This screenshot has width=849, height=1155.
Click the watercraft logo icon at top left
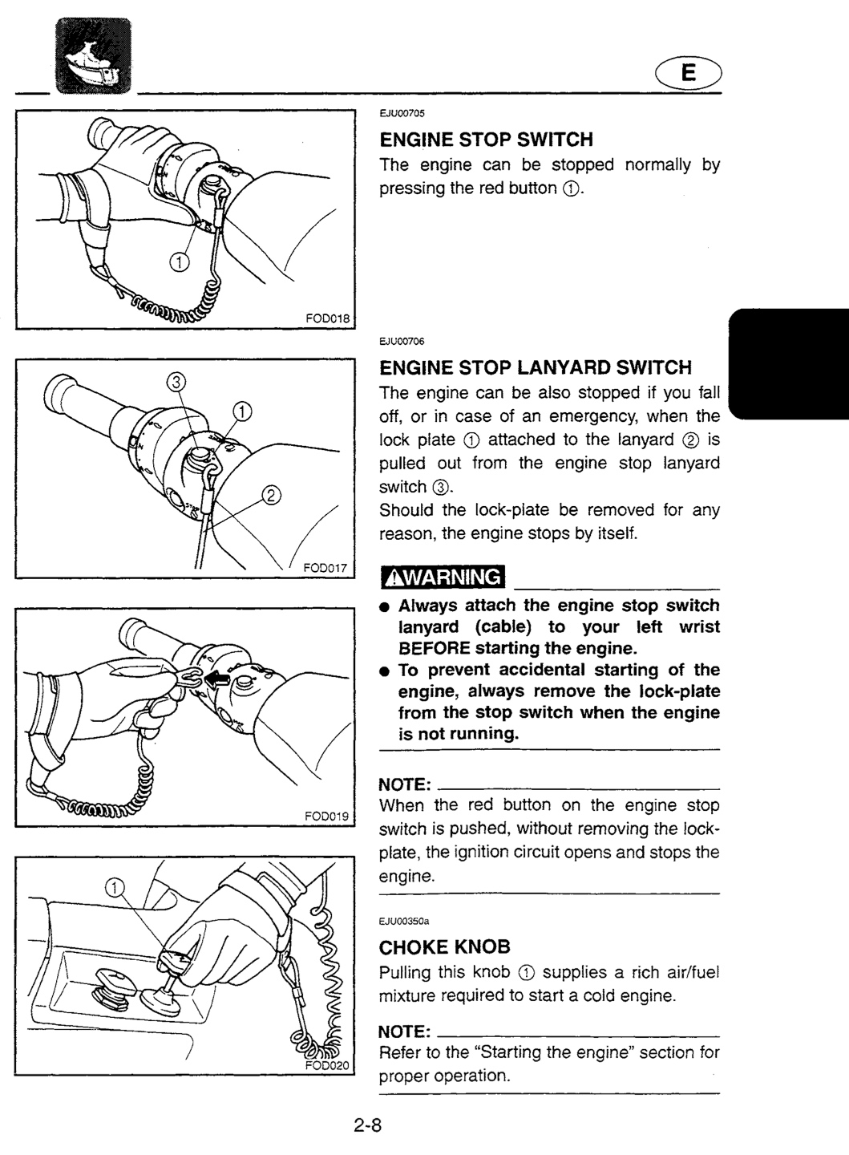click(93, 55)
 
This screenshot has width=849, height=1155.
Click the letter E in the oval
click(688, 73)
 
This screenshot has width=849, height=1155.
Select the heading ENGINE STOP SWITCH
click(486, 140)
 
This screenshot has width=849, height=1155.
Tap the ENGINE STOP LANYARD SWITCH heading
click(535, 367)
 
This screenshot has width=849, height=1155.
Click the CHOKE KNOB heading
click(444, 947)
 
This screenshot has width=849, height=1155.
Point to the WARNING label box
click(443, 577)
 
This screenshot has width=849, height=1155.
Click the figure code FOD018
click(328, 318)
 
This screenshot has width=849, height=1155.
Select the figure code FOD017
click(325, 568)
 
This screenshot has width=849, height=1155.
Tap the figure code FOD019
click(327, 817)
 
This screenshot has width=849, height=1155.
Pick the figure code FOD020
click(327, 1065)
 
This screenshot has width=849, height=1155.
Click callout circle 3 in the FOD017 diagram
click(176, 382)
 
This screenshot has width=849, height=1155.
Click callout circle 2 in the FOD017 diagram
click(272, 496)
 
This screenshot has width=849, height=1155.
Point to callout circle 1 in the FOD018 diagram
click(180, 262)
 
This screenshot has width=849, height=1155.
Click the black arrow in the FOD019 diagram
click(217, 681)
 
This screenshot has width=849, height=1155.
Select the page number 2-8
click(368, 1125)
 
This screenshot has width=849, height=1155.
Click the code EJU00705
click(402, 113)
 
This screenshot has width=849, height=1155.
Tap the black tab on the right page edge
click(789, 364)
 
